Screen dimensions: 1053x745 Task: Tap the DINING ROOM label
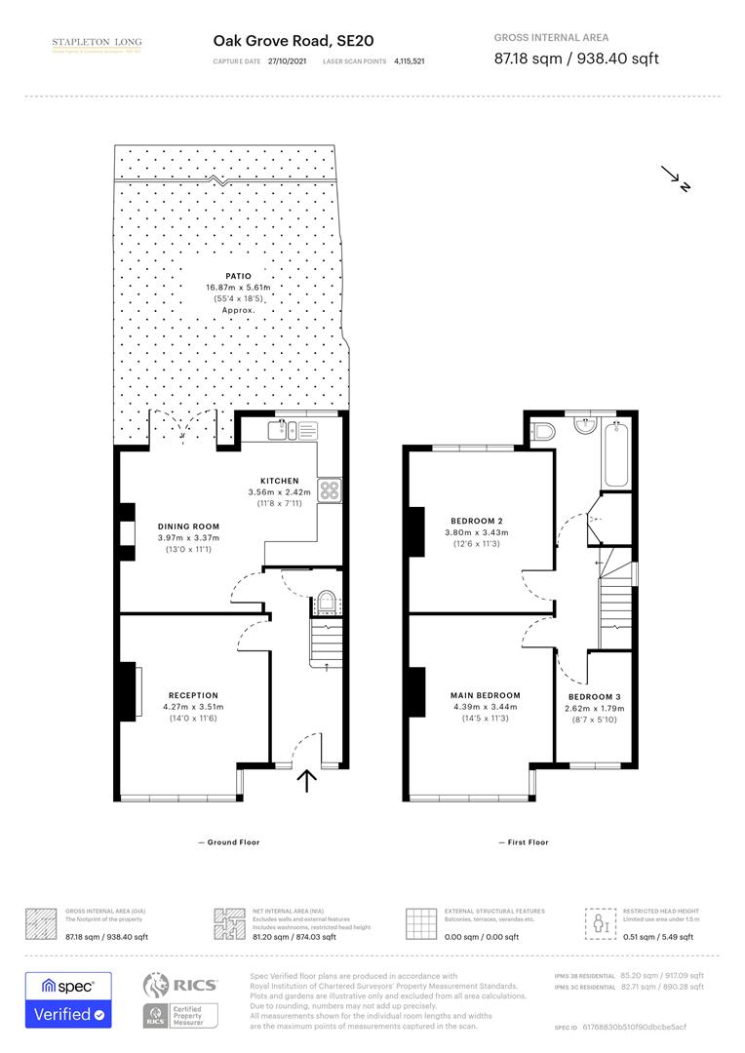pos(189,526)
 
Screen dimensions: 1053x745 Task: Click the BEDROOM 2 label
pos(476,521)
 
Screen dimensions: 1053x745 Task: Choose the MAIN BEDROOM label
pos(485,695)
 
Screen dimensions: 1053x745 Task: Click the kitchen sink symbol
pos(286,428)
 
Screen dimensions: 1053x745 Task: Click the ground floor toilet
pos(326,602)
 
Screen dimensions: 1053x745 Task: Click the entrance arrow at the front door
pos(308,781)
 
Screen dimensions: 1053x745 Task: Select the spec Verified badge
pos(68,999)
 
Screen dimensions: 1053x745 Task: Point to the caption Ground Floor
pos(229,841)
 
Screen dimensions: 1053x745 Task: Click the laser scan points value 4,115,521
pos(409,60)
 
